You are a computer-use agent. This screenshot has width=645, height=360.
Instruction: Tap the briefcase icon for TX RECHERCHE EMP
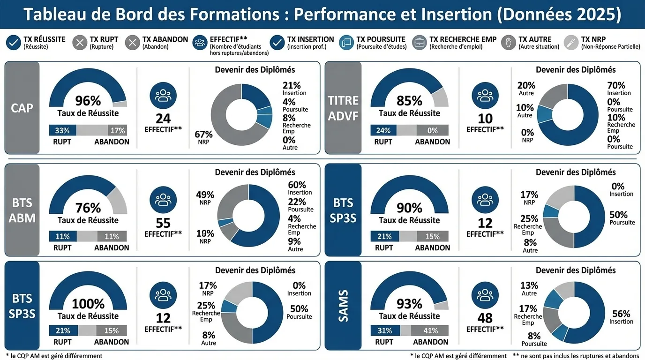point(420,43)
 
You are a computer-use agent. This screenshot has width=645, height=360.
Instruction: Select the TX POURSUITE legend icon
point(346,43)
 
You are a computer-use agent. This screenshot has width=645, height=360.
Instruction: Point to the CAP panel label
point(22,108)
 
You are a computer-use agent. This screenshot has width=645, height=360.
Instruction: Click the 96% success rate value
point(88,101)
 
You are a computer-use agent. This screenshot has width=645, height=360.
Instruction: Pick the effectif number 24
point(163,119)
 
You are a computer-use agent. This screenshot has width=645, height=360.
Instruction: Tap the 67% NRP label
point(203,137)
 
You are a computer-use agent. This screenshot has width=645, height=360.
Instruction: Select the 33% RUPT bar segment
point(62,130)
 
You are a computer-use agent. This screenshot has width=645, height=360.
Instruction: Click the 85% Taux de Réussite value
point(409,101)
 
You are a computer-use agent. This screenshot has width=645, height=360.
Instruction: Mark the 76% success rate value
point(88,208)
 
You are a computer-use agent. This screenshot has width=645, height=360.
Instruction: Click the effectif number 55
point(163,223)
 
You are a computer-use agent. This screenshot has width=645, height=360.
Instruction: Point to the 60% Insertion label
point(300,188)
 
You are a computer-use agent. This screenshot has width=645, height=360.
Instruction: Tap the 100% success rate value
point(88,304)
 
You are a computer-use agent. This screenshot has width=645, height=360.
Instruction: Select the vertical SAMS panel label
point(343,306)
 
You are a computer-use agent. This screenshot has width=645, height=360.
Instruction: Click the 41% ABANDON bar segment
point(430,330)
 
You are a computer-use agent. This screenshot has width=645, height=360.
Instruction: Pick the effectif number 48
point(485,318)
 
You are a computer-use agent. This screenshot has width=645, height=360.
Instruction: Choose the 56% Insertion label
point(621,317)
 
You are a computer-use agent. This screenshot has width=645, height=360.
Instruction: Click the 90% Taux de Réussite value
point(409,208)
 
